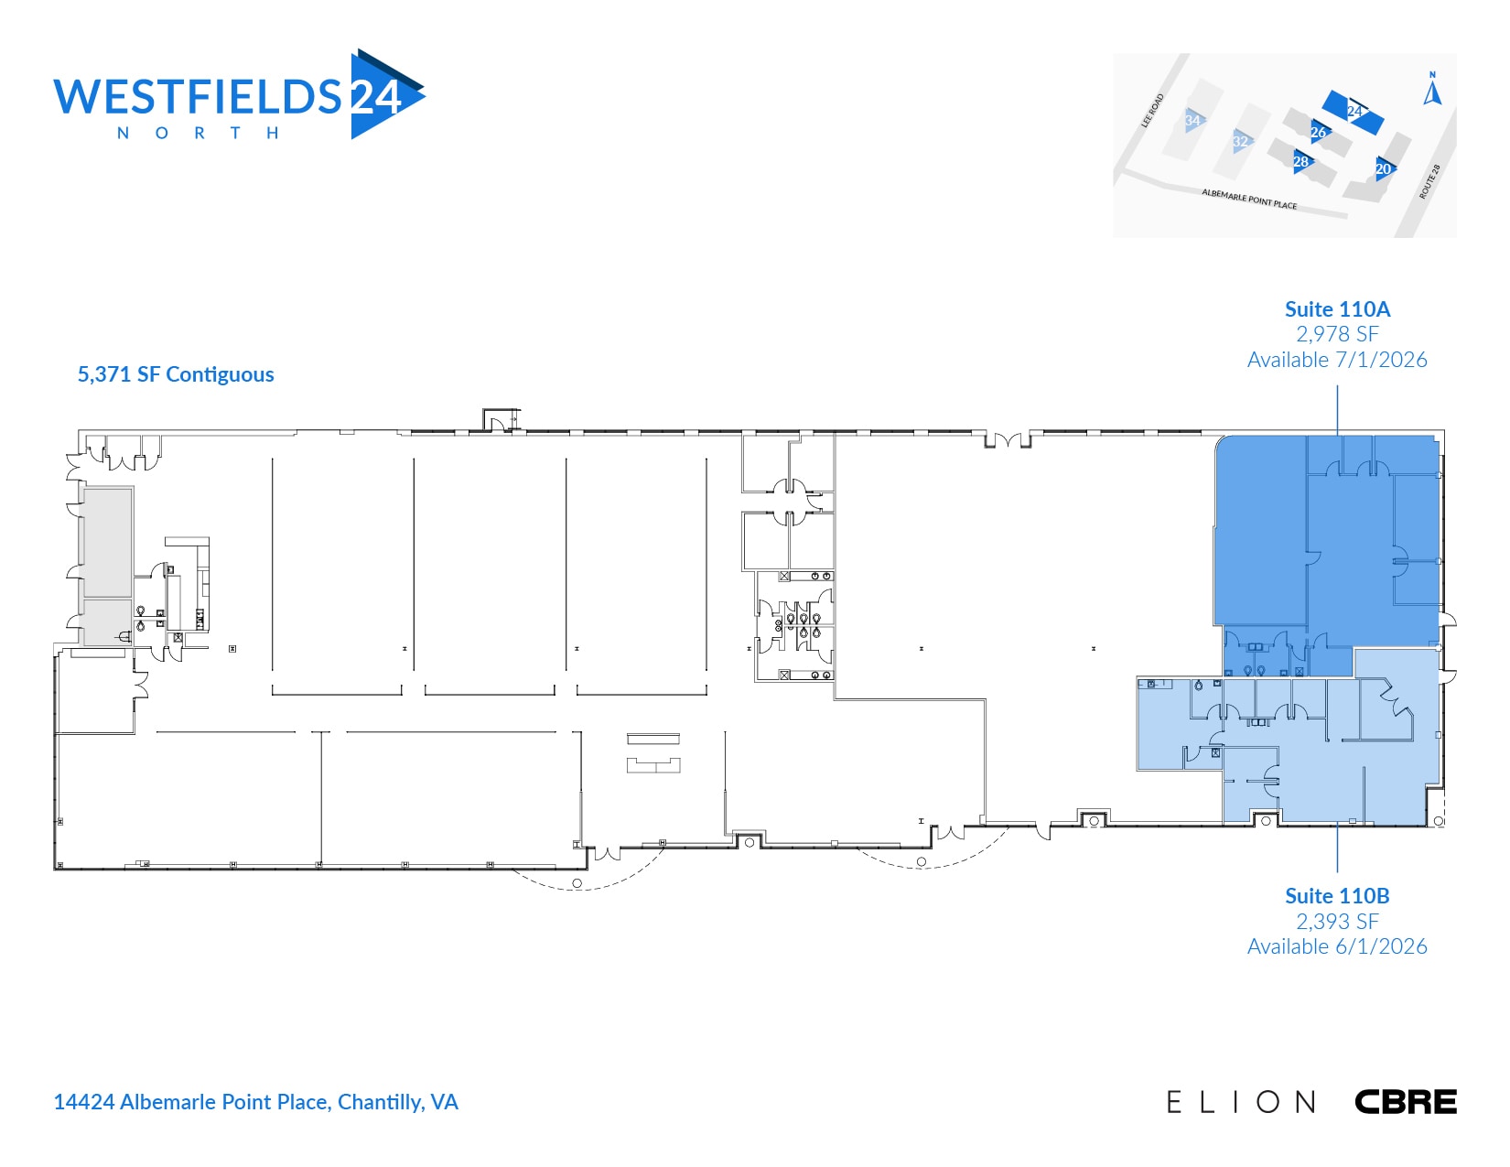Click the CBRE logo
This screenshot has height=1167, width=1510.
click(x=1405, y=1102)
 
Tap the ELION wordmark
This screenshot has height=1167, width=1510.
click(x=1241, y=1102)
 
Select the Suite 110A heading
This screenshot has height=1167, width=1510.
click(x=1337, y=309)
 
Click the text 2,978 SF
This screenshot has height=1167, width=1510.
click(x=1337, y=334)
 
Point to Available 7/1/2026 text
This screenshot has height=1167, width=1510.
click(x=1337, y=360)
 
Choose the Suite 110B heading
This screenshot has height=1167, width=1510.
click(x=1337, y=896)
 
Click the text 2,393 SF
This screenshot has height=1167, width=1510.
click(x=1337, y=922)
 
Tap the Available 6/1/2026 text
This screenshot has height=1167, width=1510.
click(x=1337, y=946)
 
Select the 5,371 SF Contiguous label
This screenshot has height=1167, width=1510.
click(x=176, y=374)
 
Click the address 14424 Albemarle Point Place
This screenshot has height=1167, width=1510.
click(x=255, y=1102)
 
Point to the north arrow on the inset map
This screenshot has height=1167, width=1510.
click(x=1433, y=91)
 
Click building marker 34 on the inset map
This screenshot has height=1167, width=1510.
click(x=1192, y=120)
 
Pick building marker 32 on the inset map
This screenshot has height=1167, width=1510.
click(x=1241, y=142)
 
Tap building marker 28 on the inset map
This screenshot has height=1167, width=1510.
click(x=1301, y=162)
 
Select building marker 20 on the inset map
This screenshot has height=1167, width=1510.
click(x=1384, y=168)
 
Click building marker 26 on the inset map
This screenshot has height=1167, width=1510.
click(x=1318, y=132)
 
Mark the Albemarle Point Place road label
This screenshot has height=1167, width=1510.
click(x=1249, y=199)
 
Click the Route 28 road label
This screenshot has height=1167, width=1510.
click(x=1429, y=181)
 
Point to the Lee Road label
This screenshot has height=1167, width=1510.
click(x=1153, y=110)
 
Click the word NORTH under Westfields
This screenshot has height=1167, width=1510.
click(x=198, y=134)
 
